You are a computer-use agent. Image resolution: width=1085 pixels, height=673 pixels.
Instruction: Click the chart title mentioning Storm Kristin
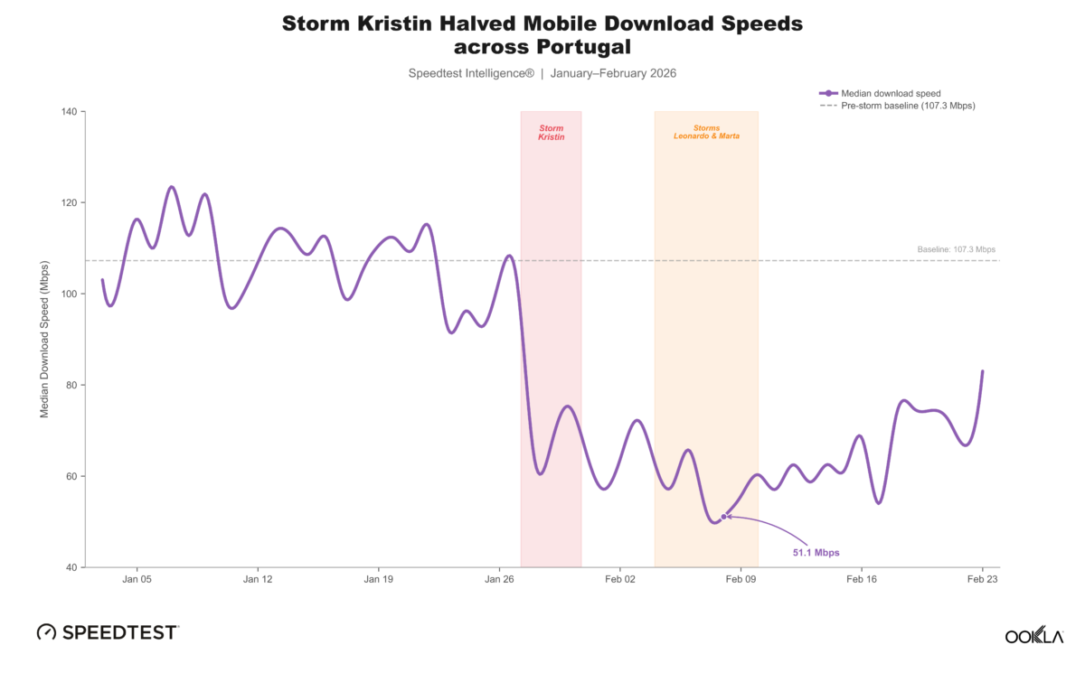[x=542, y=34]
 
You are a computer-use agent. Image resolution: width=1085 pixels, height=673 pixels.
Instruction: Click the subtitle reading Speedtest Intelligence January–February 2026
[x=542, y=72]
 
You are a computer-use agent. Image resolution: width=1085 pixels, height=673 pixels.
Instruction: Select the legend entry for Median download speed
[x=891, y=93]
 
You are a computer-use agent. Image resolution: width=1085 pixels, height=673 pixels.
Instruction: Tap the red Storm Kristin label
[x=551, y=133]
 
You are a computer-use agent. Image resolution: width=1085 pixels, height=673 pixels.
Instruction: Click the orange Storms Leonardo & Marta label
[x=706, y=133]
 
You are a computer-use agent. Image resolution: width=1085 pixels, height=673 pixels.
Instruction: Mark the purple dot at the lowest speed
[x=723, y=517]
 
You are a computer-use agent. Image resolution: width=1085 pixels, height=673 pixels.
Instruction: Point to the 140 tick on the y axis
[x=69, y=112]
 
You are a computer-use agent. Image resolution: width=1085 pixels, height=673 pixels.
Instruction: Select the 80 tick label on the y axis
[x=71, y=385]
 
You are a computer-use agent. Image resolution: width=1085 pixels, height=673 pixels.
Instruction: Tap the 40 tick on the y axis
[x=71, y=567]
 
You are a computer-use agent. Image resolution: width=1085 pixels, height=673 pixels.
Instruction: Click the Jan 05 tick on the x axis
[x=137, y=579]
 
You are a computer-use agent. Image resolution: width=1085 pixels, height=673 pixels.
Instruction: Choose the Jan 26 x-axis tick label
[x=500, y=579]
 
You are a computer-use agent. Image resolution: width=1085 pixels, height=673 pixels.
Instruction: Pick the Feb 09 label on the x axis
[x=741, y=579]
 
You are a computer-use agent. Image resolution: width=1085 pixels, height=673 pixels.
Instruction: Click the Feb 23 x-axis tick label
[x=983, y=579]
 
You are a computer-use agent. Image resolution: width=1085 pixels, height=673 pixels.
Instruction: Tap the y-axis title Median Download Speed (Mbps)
[x=44, y=340]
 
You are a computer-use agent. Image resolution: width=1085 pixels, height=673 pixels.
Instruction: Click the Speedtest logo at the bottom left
[x=108, y=632]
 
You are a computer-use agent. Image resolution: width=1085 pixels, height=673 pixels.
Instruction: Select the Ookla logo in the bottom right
[x=1033, y=636]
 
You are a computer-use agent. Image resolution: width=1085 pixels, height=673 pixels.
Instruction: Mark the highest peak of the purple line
[x=172, y=187]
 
